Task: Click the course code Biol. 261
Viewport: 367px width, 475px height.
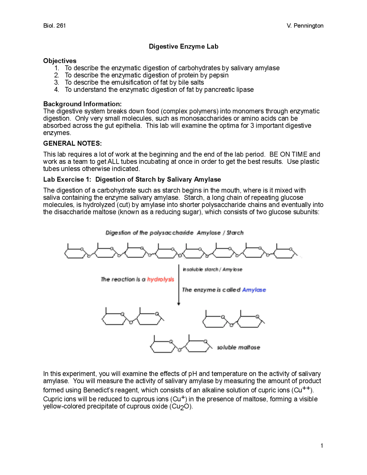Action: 54,26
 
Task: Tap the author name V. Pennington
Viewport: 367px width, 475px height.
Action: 305,26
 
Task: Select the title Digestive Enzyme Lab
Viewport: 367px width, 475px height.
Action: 183,46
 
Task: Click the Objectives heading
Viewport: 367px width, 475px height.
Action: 60,61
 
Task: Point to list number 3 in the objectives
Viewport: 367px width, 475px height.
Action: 57,82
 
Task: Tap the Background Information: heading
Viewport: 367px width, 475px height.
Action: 82,104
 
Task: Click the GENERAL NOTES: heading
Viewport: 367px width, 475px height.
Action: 72,143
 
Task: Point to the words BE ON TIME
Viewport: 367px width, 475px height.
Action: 288,154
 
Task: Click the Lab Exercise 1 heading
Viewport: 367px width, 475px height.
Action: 132,180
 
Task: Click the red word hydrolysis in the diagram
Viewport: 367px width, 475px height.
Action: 161,279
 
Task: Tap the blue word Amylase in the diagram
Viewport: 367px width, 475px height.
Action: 254,290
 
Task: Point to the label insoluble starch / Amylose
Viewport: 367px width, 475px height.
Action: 212,269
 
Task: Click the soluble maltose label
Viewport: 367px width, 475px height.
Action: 239,347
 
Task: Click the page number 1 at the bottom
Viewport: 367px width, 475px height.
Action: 322,445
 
